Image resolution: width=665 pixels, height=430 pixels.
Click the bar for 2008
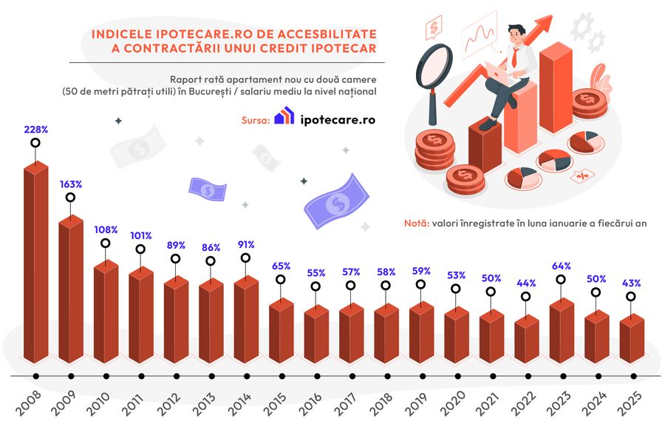coord(35,266)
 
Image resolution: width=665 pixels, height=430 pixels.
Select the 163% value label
coord(70,184)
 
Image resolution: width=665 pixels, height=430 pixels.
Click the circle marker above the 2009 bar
coord(70,198)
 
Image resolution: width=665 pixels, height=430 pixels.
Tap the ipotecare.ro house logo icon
coord(284,118)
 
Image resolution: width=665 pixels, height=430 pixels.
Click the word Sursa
coord(254,120)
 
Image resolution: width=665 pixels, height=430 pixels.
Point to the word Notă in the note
coord(416,223)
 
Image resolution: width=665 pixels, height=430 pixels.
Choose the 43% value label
coord(630,283)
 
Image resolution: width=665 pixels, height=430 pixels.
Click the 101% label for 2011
coord(140,236)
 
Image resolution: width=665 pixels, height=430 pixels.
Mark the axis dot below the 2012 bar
coord(175,377)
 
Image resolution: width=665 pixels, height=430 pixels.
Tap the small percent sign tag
coord(582,175)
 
